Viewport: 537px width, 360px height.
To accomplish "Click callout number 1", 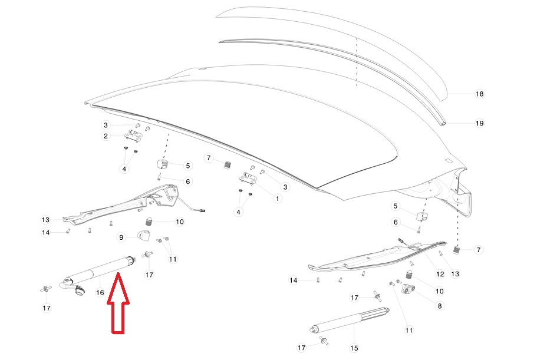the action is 278,199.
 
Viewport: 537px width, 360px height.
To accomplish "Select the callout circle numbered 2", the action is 106,136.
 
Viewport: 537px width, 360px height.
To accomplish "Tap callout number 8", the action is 440,306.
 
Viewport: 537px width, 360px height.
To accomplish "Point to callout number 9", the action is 121,237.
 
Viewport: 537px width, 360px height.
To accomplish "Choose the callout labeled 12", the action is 440,274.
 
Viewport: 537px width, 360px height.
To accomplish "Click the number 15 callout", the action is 354,348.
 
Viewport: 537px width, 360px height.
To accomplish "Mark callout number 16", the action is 100,293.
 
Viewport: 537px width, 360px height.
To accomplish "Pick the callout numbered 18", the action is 479,94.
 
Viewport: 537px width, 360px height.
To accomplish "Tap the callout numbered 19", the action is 479,123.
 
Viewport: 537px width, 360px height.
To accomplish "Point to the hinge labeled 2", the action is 134,136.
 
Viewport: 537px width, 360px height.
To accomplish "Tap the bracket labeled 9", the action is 144,236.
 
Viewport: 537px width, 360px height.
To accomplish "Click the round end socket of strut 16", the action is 80,290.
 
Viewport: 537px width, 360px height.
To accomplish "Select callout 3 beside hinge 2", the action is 106,125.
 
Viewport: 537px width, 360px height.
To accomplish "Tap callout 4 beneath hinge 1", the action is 238,212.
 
